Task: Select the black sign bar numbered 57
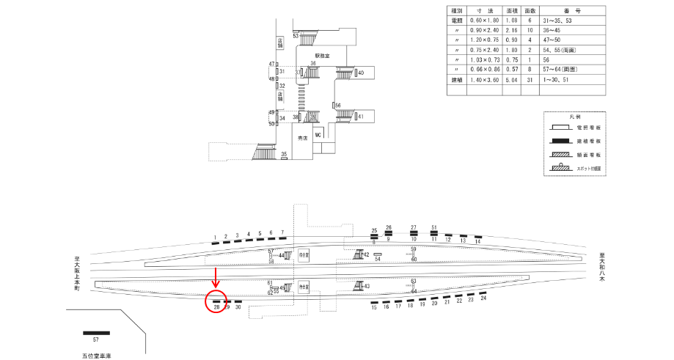96,333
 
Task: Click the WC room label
318,136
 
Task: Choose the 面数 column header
532,11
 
